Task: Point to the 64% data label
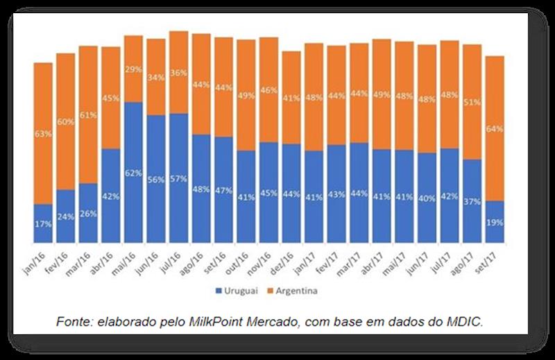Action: [495, 129]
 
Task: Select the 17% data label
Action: [43, 224]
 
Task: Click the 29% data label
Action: [134, 69]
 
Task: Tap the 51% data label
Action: [472, 102]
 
